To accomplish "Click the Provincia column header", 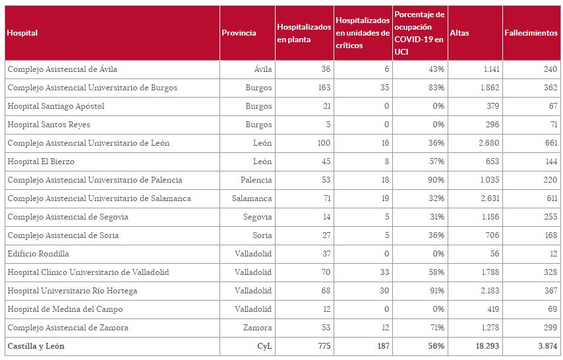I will point(239,33).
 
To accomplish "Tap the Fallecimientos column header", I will point(530,33).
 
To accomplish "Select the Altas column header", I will point(459,33).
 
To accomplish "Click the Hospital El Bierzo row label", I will point(41,162).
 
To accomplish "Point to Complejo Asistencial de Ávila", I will point(63,69).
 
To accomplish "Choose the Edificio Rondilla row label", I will point(38,254).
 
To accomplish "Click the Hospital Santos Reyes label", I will point(49,125).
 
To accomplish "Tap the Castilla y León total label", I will point(36,346).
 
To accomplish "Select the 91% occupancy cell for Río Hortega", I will point(435,291).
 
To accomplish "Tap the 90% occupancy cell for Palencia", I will point(435,180).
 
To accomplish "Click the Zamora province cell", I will point(258,328).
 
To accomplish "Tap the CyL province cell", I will point(264,346).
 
